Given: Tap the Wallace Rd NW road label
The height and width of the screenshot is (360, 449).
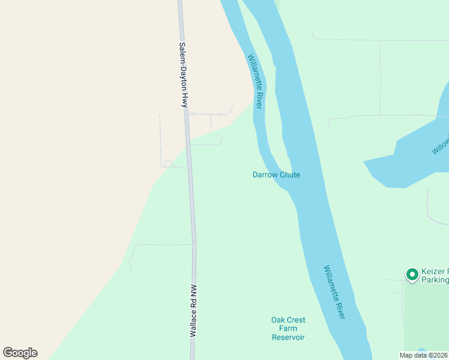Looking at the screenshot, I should tap(194, 310).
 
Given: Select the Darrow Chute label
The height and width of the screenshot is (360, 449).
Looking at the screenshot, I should tap(276, 175).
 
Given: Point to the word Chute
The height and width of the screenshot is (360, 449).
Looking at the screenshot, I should tap(289, 175).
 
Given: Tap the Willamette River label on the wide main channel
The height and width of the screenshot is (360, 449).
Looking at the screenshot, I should tap(334, 292).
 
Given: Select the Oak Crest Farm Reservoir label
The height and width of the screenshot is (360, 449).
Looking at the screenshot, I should tap(288, 328).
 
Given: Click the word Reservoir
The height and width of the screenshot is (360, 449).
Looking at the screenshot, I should tap(288, 337).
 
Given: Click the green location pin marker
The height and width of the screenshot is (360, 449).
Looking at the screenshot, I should tap(412, 274).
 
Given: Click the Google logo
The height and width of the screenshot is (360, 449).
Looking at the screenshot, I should tap(20, 353).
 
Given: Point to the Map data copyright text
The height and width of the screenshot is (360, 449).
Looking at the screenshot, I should tap(424, 355).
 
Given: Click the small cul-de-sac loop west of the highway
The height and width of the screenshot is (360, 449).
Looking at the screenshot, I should tap(169, 163).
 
